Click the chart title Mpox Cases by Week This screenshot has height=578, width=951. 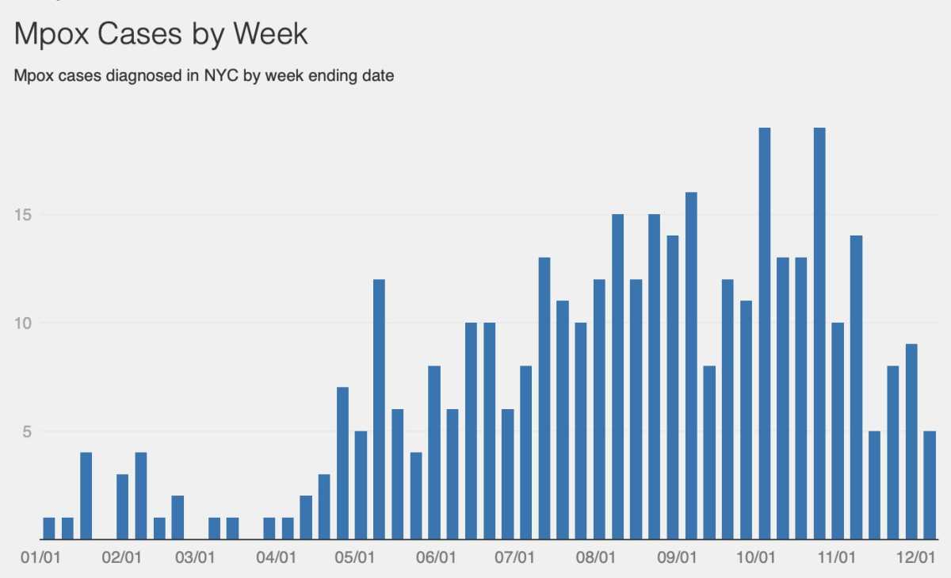(161, 35)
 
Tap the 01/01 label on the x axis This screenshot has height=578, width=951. (36, 559)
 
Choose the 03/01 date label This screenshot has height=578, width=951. (195, 559)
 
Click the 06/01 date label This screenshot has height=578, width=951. (435, 559)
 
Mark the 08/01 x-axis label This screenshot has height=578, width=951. (595, 559)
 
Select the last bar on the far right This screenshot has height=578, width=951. (929, 485)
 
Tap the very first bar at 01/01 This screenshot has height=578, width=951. (49, 528)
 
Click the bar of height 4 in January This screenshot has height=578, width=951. (86, 496)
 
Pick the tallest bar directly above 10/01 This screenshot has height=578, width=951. (764, 333)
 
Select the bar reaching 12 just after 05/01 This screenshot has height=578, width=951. (379, 409)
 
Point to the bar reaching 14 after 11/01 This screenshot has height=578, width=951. (856, 387)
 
